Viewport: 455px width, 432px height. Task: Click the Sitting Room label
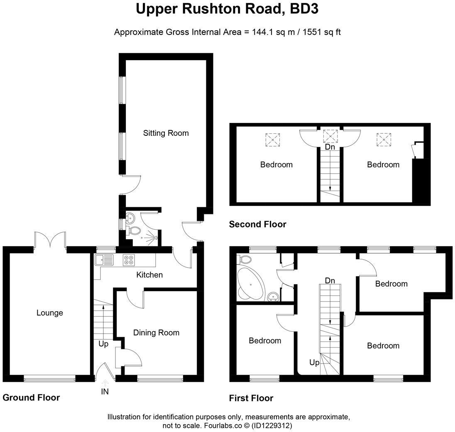(166, 133)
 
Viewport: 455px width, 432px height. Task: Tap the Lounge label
(49, 313)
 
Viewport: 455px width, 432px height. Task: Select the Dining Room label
(156, 332)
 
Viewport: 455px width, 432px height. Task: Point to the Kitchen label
(149, 275)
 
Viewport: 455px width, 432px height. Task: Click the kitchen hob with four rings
(128, 260)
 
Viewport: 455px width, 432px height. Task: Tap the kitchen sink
(104, 260)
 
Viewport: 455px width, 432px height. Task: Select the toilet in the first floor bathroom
(245, 260)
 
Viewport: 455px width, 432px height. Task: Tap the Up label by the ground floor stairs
(103, 344)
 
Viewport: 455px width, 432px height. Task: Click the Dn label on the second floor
(330, 147)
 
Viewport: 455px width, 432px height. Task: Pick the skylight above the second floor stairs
(330, 135)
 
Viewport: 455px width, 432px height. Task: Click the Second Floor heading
(257, 224)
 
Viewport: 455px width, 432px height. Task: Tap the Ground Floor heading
(31, 398)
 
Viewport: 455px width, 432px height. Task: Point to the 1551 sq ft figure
(320, 32)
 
